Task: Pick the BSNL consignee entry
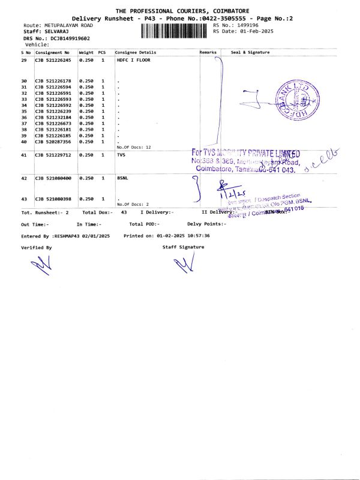(x=122, y=178)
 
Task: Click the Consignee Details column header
(x=135, y=52)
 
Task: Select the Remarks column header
(x=208, y=52)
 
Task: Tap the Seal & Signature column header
(x=250, y=52)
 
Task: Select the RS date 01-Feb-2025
(x=256, y=31)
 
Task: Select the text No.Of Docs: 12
(x=133, y=147)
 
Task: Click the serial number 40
(x=24, y=142)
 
